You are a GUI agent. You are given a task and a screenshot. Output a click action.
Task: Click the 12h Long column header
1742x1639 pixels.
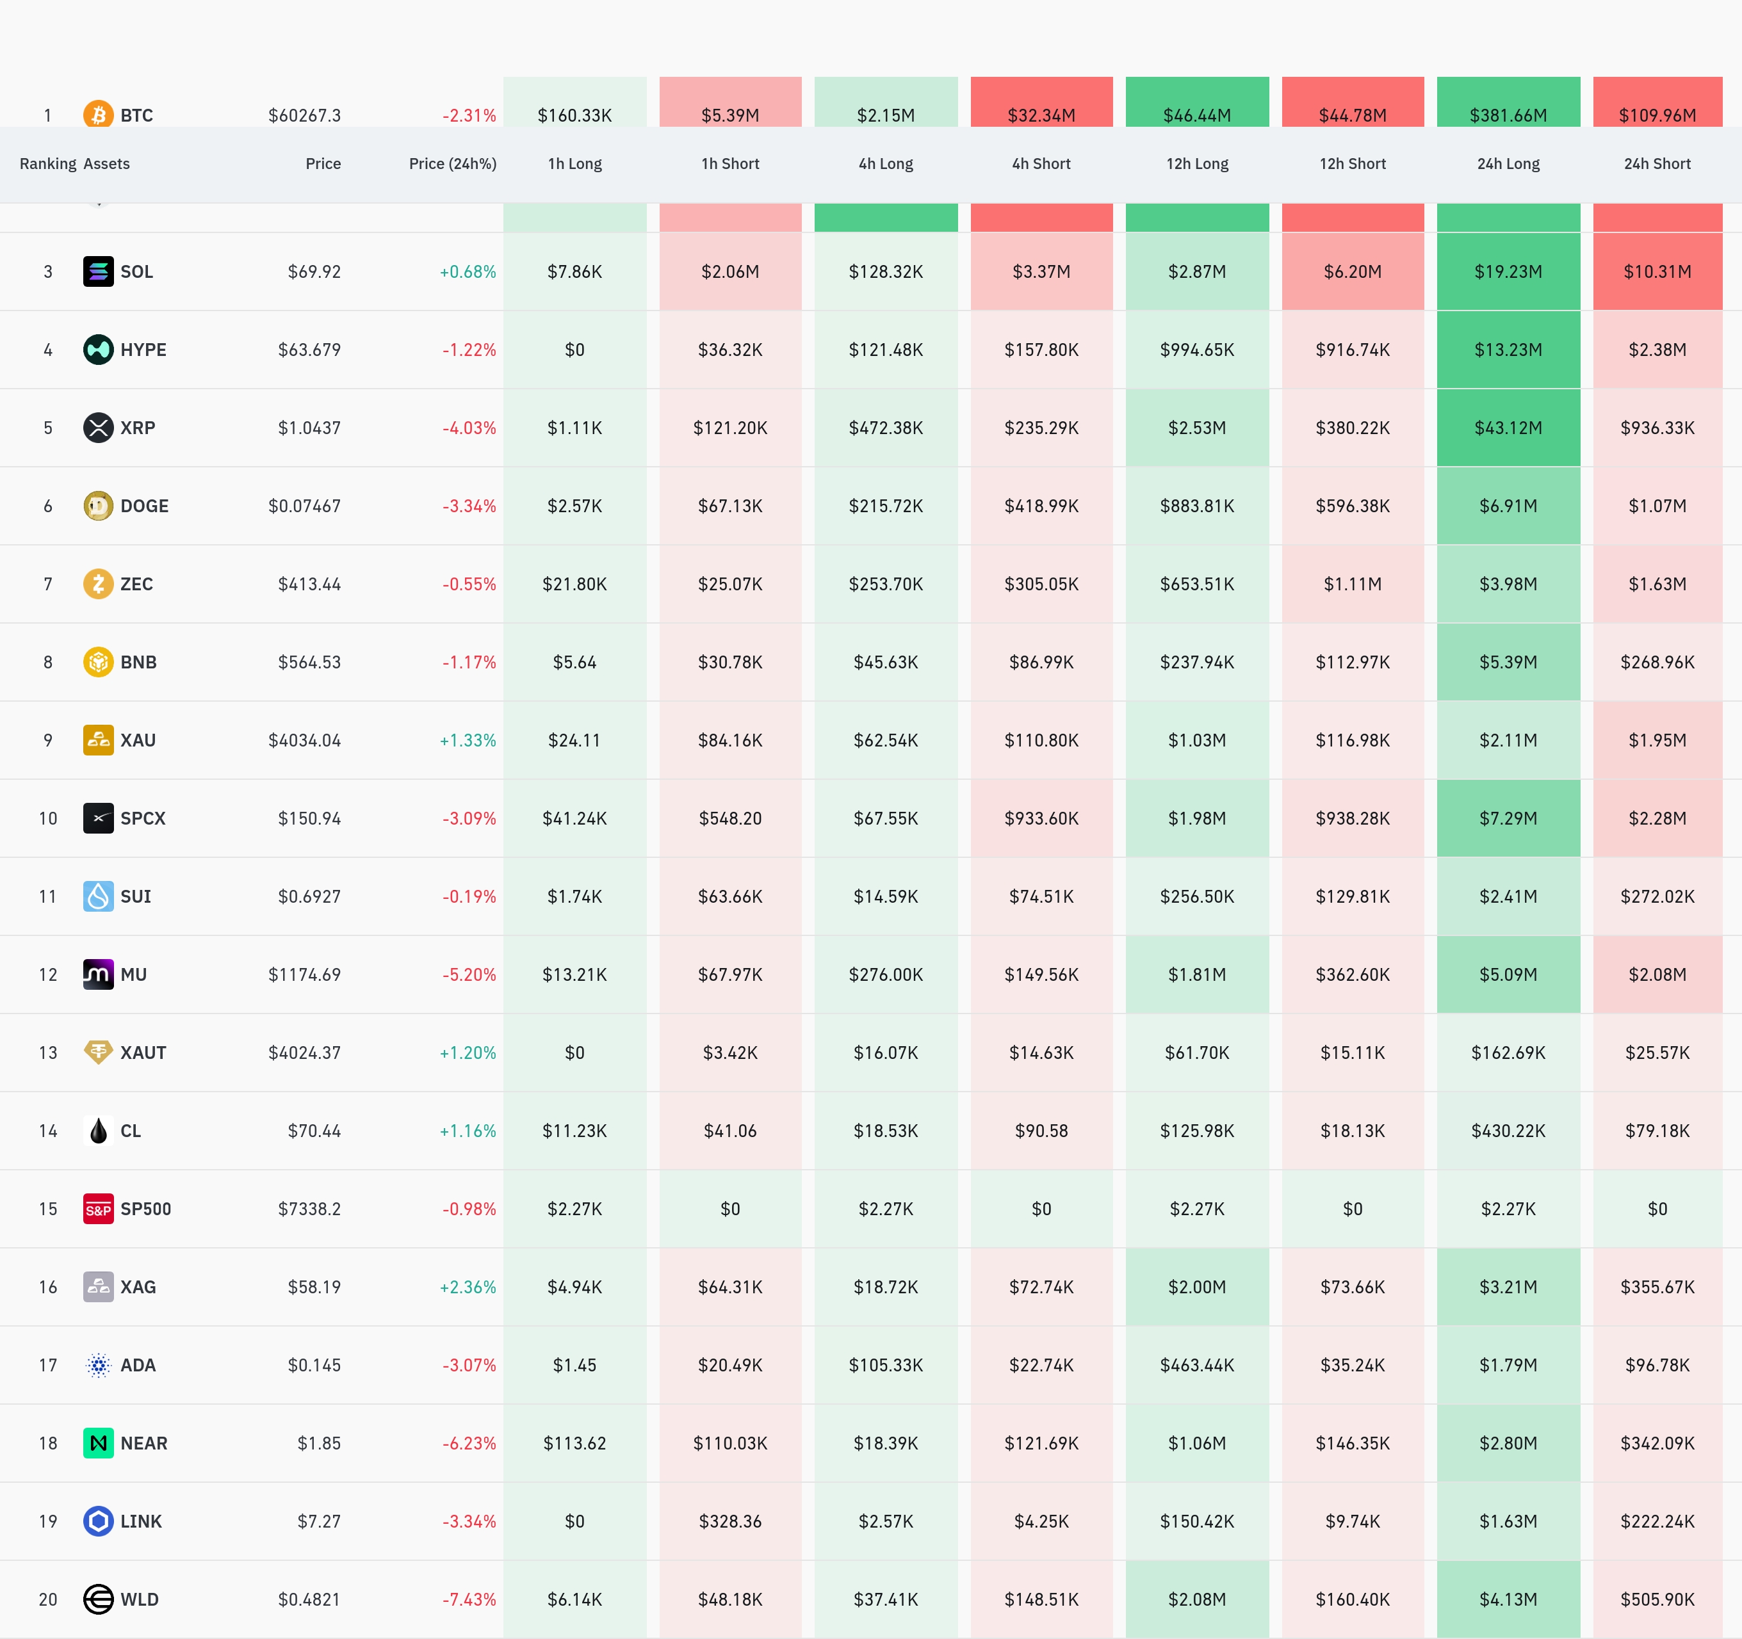(1197, 164)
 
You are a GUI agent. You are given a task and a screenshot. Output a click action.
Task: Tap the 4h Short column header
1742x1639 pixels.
(1041, 164)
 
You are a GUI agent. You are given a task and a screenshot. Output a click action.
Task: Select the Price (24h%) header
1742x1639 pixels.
(452, 164)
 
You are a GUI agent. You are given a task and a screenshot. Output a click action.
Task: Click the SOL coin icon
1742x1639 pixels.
(98, 271)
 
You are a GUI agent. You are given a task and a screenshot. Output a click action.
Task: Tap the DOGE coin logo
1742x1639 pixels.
(98, 506)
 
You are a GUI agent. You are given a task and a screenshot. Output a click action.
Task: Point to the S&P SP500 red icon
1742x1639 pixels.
(98, 1209)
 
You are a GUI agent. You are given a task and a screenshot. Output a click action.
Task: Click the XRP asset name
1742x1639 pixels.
(138, 428)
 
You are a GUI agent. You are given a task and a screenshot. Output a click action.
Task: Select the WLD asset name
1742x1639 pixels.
(140, 1599)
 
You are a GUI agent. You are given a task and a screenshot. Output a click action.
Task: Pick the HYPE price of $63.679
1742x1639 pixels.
(309, 350)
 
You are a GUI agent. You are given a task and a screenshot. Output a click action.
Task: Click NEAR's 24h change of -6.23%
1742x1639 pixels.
(469, 1444)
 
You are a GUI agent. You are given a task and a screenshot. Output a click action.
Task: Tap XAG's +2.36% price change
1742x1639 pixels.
(468, 1288)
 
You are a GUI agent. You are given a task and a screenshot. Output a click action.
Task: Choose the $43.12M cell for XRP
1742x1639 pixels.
(1508, 428)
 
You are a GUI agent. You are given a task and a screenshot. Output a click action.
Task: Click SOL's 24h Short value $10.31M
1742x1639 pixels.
(1657, 271)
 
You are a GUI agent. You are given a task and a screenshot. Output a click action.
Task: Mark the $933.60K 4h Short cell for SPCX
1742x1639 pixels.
(1041, 818)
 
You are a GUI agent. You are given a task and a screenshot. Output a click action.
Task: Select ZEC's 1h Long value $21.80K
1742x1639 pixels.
(575, 585)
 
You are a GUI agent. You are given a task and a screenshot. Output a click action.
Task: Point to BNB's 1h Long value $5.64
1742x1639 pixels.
(575, 662)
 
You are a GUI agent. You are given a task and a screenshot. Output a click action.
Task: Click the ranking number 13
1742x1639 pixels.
(48, 1053)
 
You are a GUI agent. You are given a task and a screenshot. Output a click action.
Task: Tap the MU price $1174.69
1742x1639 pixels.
(304, 975)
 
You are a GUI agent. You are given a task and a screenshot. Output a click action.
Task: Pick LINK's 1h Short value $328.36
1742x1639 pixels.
(730, 1522)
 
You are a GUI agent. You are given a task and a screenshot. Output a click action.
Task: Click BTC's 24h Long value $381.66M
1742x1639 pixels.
(1508, 115)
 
